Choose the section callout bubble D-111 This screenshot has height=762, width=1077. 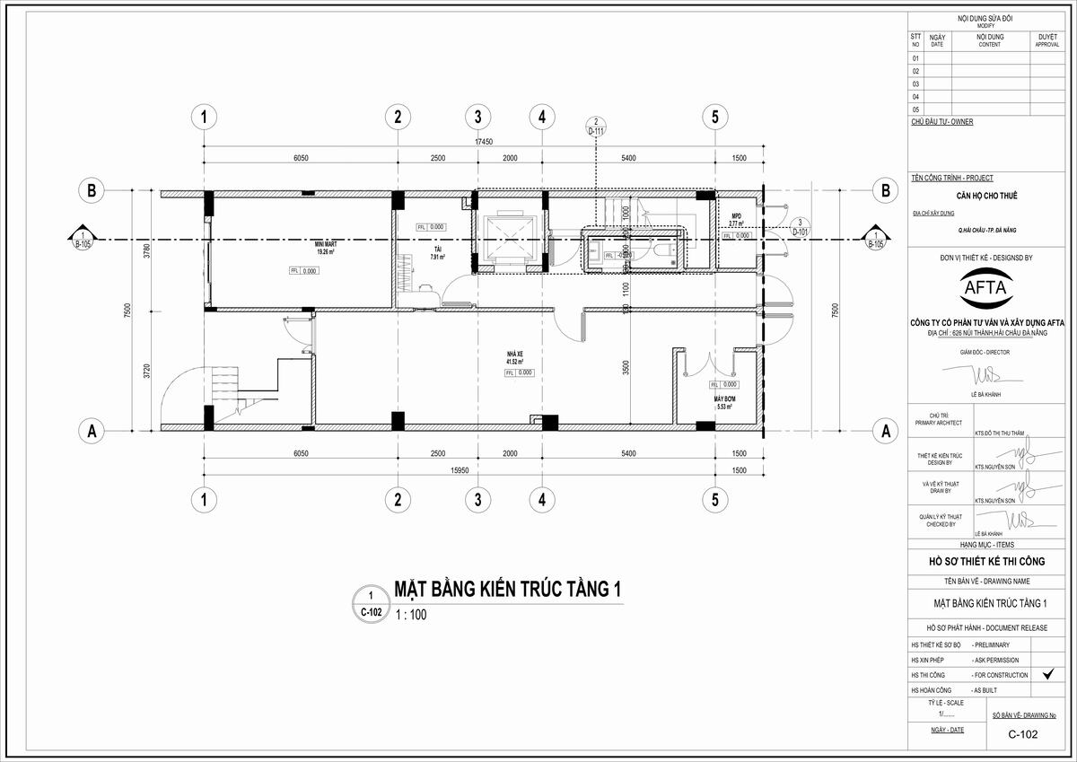pyautogui.click(x=596, y=127)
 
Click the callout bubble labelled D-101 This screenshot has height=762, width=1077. pyautogui.click(x=798, y=226)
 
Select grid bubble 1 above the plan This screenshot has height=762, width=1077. pyautogui.click(x=206, y=116)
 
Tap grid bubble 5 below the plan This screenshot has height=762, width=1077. pyautogui.click(x=714, y=499)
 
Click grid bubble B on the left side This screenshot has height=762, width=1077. pyautogui.click(x=91, y=190)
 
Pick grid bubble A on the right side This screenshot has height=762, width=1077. pyautogui.click(x=885, y=431)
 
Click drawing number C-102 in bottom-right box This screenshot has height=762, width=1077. pyautogui.click(x=1022, y=734)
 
